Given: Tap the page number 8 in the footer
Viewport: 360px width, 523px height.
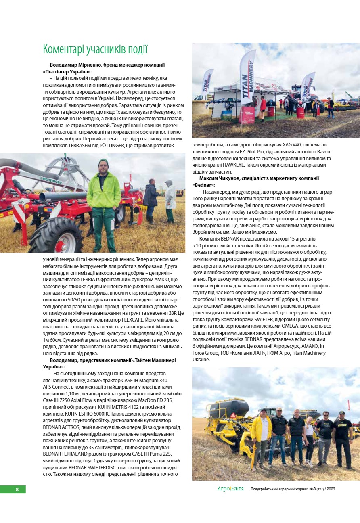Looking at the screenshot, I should click(x=17, y=490).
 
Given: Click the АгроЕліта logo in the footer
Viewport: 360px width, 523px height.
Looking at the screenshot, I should click(x=230, y=489).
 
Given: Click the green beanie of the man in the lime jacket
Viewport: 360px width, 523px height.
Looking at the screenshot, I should click(x=103, y=163).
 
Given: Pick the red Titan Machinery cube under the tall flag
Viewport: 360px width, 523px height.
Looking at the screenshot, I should click(x=247, y=115).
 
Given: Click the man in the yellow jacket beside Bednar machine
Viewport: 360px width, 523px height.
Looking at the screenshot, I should click(x=262, y=436).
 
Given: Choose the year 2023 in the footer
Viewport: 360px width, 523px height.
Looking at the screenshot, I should click(x=331, y=489).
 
